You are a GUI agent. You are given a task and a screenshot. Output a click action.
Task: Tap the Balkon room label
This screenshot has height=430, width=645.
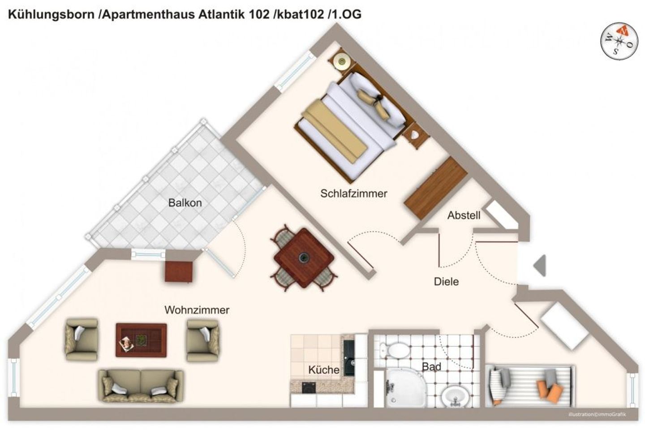[x=185, y=203]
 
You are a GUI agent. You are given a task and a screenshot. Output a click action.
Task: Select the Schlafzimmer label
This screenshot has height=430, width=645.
[x=353, y=193]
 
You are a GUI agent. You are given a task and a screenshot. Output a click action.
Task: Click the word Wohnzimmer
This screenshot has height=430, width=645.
[x=197, y=310]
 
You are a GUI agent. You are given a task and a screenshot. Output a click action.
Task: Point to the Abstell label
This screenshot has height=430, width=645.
[x=464, y=215]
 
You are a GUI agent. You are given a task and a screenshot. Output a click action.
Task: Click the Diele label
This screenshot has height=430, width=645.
[x=446, y=281]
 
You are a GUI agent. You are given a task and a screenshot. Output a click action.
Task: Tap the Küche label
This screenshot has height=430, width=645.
[x=323, y=370]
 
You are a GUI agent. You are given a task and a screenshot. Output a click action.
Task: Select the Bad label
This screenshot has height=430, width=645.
[x=431, y=366]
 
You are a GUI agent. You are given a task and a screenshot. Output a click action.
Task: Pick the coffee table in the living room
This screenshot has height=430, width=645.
[x=141, y=340]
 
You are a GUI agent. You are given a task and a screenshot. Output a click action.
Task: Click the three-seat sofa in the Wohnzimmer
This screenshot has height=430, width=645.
[x=141, y=385]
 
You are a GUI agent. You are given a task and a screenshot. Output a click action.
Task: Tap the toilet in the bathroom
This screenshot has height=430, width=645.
[x=392, y=348]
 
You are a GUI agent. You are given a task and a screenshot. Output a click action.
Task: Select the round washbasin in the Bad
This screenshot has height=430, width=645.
[x=455, y=396]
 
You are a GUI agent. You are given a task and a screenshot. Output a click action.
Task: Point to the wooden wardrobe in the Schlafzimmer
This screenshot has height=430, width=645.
[x=432, y=188]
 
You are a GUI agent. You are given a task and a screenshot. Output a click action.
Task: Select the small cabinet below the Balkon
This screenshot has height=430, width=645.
[x=179, y=271]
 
